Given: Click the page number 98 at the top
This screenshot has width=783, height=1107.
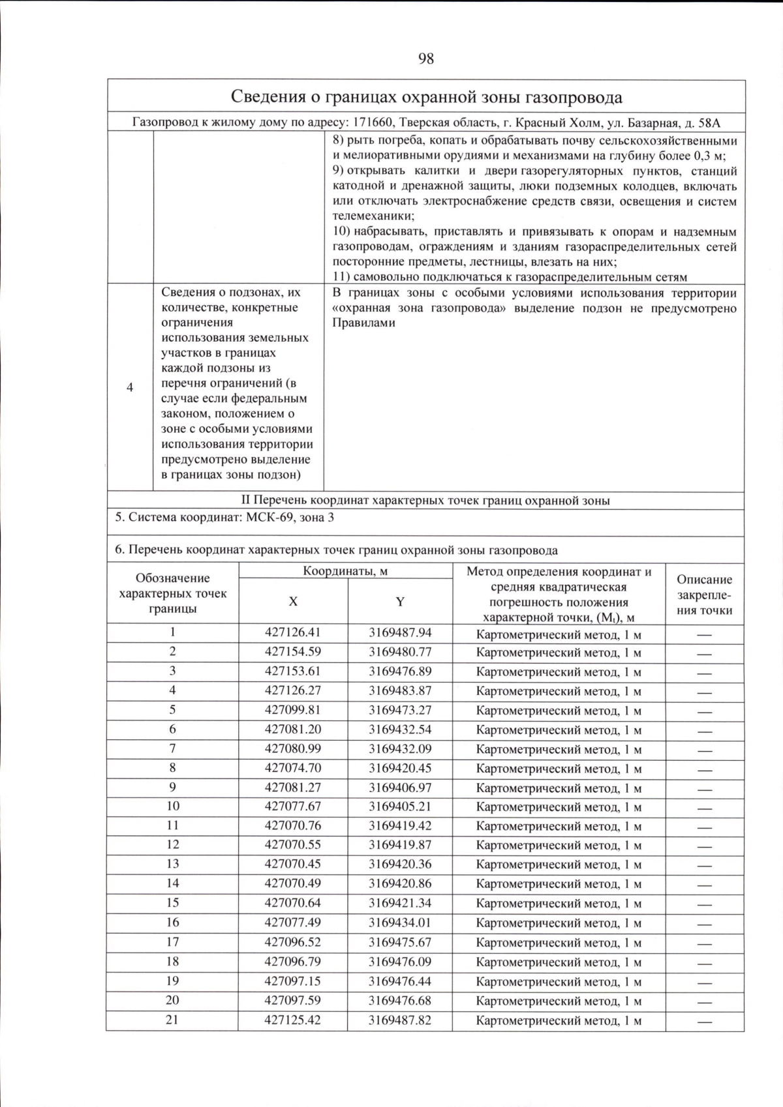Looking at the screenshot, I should [x=425, y=59].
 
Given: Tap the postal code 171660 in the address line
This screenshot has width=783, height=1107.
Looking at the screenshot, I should [x=373, y=123].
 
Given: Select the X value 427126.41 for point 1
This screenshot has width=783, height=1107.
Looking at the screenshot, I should [x=292, y=632].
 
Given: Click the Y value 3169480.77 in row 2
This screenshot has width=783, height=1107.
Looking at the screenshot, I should [x=400, y=651].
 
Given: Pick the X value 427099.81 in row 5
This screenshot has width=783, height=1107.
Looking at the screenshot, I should [x=292, y=709].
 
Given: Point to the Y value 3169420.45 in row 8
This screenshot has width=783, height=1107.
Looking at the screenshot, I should [x=400, y=768].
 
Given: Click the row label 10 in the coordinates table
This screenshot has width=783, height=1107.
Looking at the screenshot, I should [x=172, y=806].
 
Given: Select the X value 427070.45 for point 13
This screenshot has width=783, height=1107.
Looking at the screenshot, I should [x=292, y=864].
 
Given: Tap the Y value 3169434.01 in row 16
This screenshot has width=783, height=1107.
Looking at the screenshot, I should [x=400, y=922].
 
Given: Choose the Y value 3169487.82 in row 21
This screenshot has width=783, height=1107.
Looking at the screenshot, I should [x=400, y=1020].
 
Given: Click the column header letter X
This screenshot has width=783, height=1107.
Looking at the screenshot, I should [x=293, y=602].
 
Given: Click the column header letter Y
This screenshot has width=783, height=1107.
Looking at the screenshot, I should [x=400, y=602].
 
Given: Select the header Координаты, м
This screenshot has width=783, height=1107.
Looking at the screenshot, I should [x=345, y=571].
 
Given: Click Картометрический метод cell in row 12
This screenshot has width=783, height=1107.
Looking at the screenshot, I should [x=559, y=846].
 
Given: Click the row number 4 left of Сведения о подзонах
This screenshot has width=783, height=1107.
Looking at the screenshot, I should [x=130, y=388].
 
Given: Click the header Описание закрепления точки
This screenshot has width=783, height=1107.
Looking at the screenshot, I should [x=704, y=595].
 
